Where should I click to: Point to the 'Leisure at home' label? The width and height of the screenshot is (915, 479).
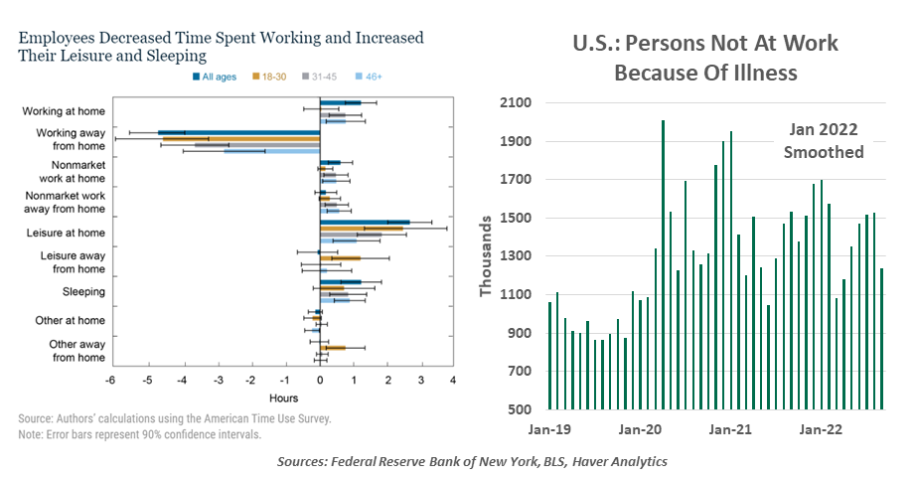pyautogui.click(x=68, y=233)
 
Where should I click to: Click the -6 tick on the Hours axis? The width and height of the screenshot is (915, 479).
pyautogui.click(x=111, y=381)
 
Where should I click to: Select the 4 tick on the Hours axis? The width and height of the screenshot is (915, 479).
pyautogui.click(x=452, y=381)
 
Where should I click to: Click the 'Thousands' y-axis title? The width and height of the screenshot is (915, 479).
pyautogui.click(x=486, y=256)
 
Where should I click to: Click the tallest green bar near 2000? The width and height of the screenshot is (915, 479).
pyautogui.click(x=663, y=264)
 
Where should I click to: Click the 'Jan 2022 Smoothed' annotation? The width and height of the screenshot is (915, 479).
pyautogui.click(x=823, y=142)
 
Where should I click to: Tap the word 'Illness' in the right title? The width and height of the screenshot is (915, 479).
pyautogui.click(x=787, y=73)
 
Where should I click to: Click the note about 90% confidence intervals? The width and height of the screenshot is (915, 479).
pyautogui.click(x=139, y=434)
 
